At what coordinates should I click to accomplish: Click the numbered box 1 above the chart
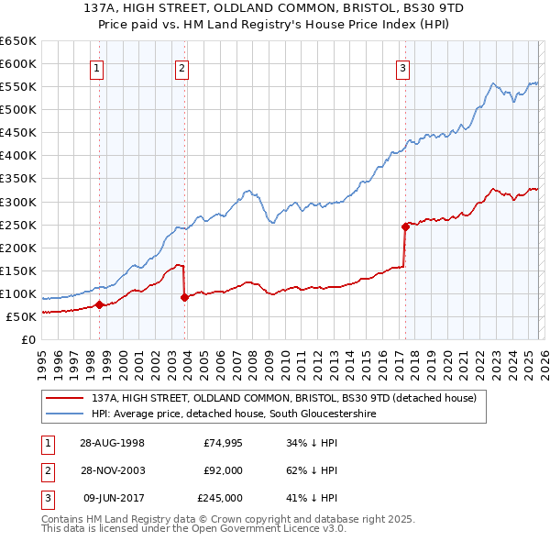click(97, 67)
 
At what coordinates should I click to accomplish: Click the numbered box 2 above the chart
click(182, 67)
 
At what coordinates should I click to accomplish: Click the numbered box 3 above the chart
click(402, 67)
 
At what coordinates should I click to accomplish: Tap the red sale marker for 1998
click(99, 305)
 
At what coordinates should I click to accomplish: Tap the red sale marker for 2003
click(184, 297)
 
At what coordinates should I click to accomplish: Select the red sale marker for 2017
click(404, 226)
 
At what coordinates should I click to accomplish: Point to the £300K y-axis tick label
click(17, 202)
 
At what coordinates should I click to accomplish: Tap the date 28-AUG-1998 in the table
click(112, 443)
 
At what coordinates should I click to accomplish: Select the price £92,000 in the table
click(223, 470)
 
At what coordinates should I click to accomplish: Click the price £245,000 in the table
click(220, 498)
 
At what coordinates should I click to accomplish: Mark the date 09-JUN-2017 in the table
click(112, 498)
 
